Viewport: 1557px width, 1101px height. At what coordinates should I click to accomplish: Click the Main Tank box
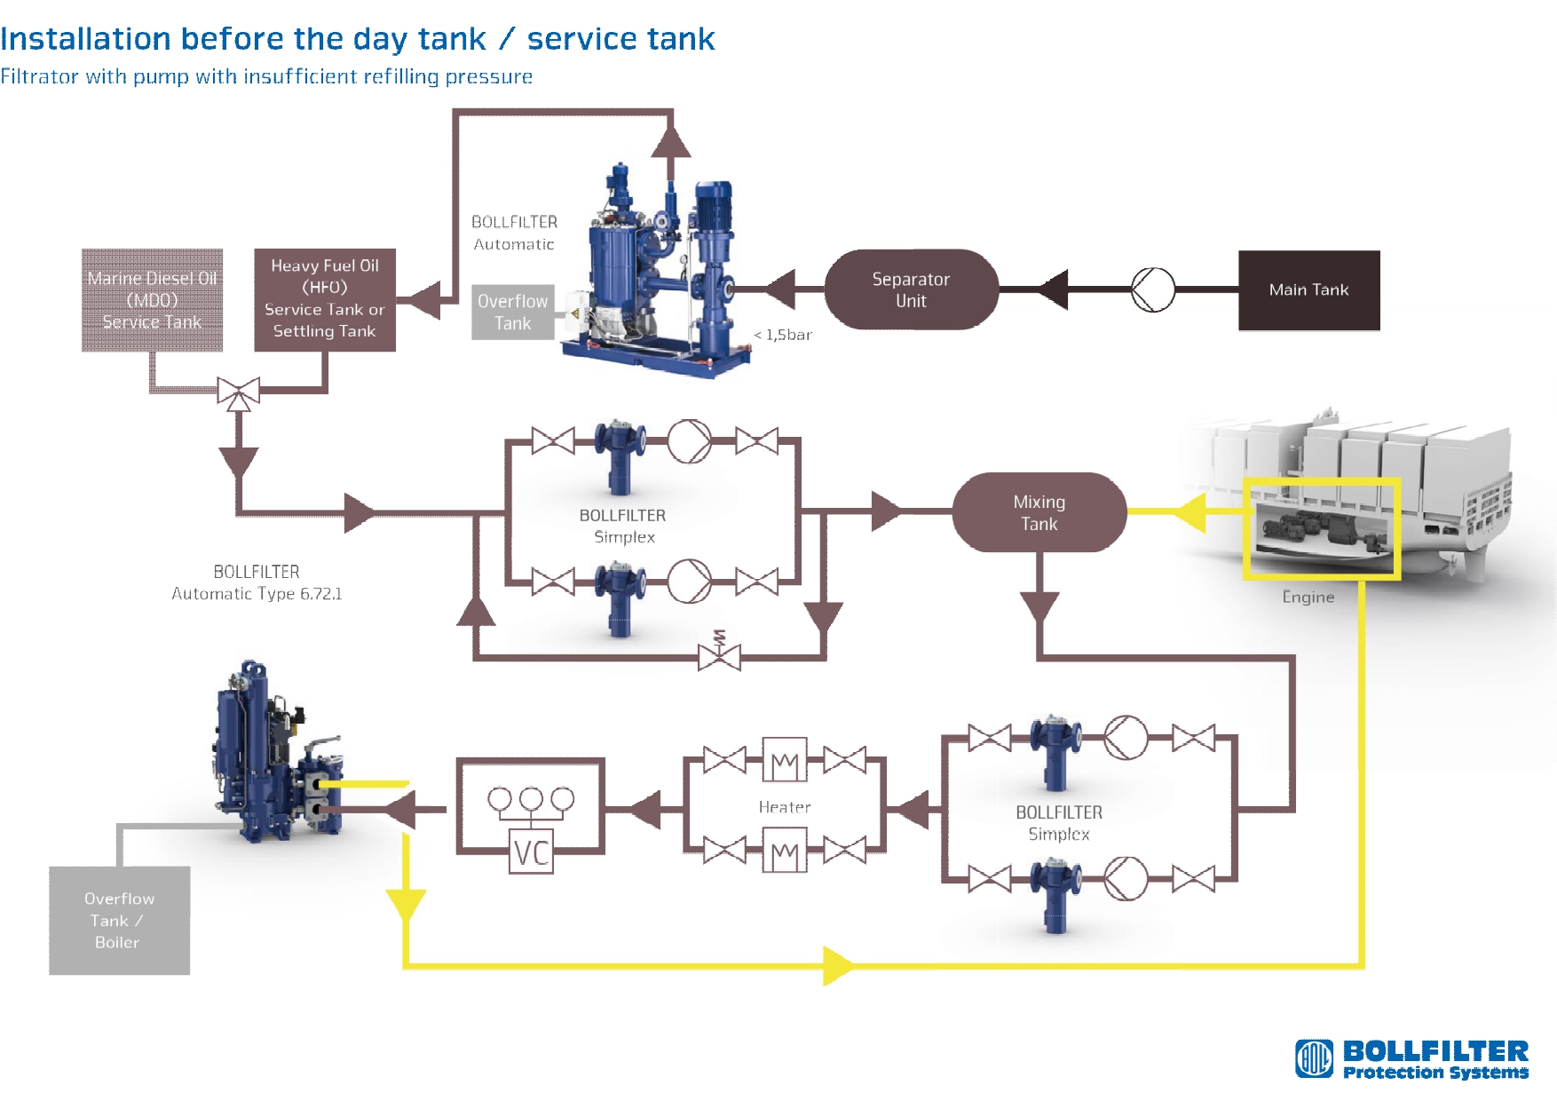tap(1308, 290)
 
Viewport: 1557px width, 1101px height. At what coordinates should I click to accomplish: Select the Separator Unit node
tap(911, 289)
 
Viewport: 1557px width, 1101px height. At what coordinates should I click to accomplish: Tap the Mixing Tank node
tap(1039, 512)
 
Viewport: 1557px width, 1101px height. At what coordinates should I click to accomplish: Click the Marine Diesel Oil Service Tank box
tap(152, 300)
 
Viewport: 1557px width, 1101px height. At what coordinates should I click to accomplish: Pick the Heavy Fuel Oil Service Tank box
tap(325, 300)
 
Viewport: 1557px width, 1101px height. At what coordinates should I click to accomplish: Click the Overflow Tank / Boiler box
tap(119, 921)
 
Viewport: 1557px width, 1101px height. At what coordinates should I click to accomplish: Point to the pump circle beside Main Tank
tap(1153, 289)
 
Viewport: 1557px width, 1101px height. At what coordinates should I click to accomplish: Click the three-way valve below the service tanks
tap(239, 392)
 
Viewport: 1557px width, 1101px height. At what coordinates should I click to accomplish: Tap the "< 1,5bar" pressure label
tap(783, 335)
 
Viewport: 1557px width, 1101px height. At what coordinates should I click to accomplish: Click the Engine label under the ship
tap(1308, 597)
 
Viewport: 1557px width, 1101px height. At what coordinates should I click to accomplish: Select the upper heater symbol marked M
tap(785, 760)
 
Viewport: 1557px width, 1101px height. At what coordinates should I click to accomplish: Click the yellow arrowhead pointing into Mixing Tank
tap(1189, 512)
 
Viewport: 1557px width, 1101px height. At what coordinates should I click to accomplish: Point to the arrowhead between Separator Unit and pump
tap(1053, 289)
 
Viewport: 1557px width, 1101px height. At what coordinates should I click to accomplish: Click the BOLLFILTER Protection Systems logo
tap(1411, 1059)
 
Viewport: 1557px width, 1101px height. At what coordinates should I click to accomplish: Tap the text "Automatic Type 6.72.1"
tap(257, 593)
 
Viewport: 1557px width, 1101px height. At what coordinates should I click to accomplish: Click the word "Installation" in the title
tap(85, 39)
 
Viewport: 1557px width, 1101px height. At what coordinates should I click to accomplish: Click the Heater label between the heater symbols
tap(785, 807)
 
